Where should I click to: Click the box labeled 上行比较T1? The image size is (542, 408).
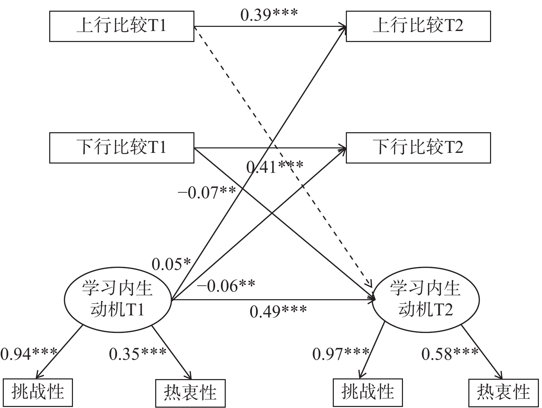point(121,26)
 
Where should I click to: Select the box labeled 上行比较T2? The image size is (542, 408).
point(418,26)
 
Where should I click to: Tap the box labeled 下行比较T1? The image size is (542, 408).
point(121,148)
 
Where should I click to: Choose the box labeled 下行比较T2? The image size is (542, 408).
point(418,148)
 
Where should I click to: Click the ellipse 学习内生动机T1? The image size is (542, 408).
point(118,299)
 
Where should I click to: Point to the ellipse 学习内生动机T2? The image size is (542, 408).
point(425,299)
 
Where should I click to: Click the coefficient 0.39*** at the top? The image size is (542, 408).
point(269,15)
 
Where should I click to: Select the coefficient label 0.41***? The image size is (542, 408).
point(275,167)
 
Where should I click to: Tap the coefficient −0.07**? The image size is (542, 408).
point(206,192)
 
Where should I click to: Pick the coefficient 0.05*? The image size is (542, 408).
point(171,264)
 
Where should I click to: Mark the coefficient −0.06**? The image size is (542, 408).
point(226,286)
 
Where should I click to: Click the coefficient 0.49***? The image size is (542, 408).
point(278,312)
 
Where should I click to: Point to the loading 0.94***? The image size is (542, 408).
point(29,353)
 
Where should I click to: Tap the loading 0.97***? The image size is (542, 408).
point(341,353)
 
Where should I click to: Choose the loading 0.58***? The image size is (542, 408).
point(450,353)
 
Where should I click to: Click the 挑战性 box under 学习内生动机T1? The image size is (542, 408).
point(38,393)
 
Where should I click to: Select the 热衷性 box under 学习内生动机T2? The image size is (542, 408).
point(503,393)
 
